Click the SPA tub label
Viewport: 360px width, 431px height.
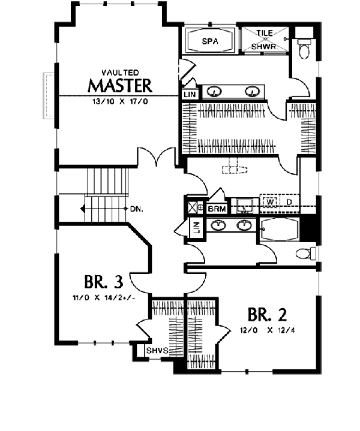coord(210,41)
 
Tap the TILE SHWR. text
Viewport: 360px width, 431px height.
coord(265,40)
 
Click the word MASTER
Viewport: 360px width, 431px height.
coord(120,86)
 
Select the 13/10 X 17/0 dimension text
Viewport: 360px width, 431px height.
coord(120,101)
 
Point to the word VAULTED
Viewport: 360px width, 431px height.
coord(120,73)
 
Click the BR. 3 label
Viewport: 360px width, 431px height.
coord(103,282)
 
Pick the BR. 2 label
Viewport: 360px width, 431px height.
coord(267,315)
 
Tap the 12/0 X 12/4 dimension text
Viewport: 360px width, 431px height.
coord(267,330)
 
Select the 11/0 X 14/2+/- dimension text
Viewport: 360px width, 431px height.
coord(104,298)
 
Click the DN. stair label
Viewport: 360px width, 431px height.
coord(137,209)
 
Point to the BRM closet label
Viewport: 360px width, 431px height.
coord(217,209)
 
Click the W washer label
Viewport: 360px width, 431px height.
coord(270,202)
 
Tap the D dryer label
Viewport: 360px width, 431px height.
coord(289,202)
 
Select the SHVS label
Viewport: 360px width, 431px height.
coord(157,351)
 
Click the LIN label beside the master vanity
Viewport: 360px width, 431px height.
coord(190,95)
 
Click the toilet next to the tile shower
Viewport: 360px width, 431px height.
coord(304,49)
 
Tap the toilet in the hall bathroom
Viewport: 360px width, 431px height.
coord(306,253)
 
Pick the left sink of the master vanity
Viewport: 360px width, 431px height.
coord(214,91)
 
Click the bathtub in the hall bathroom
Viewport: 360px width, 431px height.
coord(279,230)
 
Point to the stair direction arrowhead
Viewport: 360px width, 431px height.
coord(82,209)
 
